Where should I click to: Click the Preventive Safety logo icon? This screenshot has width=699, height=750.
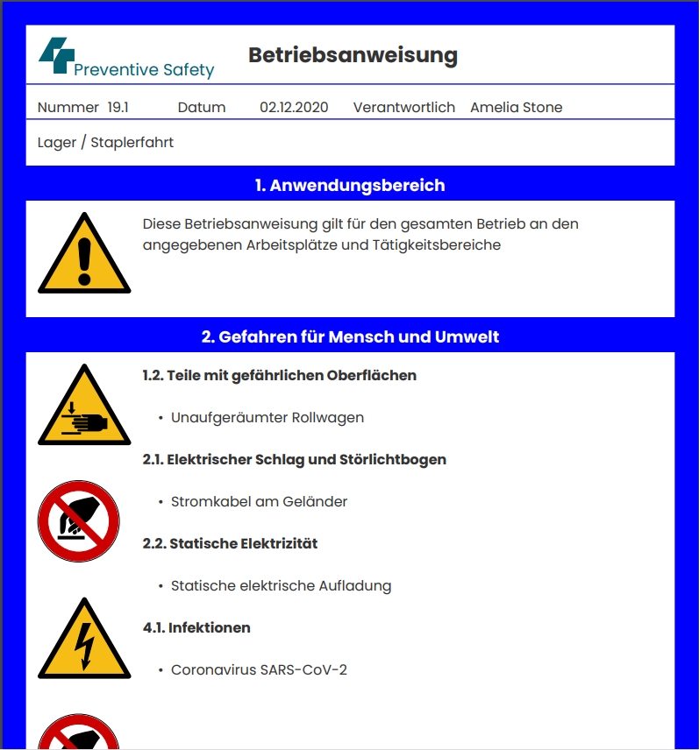(53, 54)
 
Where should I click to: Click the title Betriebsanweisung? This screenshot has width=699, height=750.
(353, 56)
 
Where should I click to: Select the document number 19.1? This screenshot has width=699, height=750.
(118, 108)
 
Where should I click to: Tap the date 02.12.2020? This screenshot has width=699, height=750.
(294, 108)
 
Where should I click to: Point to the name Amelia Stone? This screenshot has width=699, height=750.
(516, 108)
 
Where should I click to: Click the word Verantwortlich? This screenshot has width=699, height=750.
(403, 108)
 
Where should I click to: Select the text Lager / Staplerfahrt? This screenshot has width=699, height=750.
(105, 142)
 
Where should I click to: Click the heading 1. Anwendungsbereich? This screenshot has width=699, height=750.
(350, 186)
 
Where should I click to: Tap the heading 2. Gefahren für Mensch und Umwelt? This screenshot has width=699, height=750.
(350, 336)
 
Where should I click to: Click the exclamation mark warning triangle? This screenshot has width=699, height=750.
(84, 256)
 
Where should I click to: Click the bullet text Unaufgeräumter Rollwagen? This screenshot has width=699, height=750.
(267, 418)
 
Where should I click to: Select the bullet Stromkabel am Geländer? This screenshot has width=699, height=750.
(259, 502)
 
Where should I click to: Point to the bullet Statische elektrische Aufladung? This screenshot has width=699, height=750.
(281, 586)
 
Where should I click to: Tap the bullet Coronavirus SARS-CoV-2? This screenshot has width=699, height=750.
(259, 670)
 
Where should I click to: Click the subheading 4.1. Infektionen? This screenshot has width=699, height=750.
(196, 627)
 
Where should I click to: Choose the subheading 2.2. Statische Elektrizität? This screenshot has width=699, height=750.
(230, 543)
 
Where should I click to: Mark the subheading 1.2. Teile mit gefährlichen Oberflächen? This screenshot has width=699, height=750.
(279, 375)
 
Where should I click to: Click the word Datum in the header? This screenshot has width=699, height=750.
(202, 108)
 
